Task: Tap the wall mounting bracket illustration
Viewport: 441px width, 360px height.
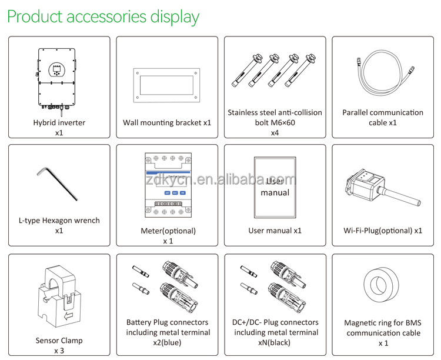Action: tap(166, 88)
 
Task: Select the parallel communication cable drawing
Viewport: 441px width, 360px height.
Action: tap(382, 76)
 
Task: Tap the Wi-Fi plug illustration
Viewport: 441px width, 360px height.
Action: tap(382, 186)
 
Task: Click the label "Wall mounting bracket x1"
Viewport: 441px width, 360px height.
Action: tap(166, 123)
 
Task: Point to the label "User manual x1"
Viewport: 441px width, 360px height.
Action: tap(275, 231)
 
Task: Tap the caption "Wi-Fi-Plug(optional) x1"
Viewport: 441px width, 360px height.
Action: tap(383, 231)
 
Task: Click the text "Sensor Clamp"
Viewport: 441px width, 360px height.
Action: tap(59, 340)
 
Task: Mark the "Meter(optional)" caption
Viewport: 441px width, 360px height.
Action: tap(168, 231)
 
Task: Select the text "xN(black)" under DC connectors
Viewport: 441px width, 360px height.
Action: tap(275, 343)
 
